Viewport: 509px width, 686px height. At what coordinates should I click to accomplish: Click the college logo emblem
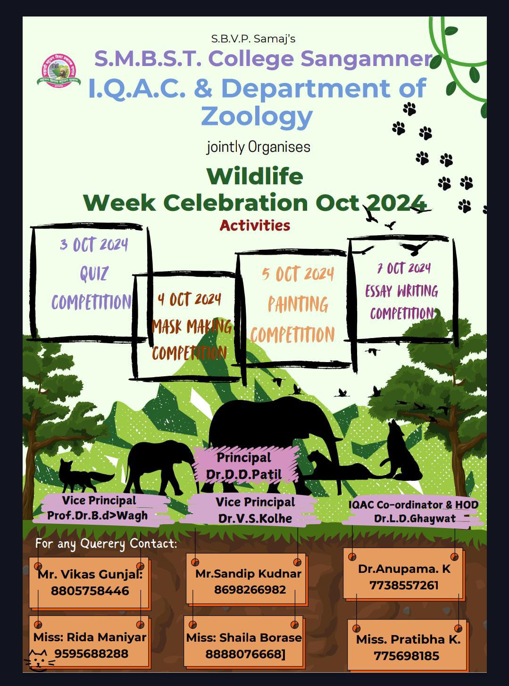point(59,71)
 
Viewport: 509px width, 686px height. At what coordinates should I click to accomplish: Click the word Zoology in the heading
point(257,117)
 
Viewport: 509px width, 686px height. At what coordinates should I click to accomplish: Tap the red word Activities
point(255,225)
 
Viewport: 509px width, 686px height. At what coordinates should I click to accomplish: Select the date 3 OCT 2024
point(94,245)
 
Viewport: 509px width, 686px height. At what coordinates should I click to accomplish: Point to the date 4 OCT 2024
point(189,299)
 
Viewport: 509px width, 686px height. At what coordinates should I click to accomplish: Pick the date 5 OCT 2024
point(298,274)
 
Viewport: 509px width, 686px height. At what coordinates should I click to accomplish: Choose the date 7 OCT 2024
point(404,268)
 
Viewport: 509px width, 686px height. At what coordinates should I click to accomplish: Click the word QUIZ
point(94,273)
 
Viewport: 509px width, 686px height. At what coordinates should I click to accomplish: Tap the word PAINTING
point(298,304)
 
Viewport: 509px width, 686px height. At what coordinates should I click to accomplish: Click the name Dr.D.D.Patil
point(244,474)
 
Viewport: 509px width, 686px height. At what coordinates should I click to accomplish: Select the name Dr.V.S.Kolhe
point(255,518)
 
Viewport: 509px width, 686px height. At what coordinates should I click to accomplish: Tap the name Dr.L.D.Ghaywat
point(415,518)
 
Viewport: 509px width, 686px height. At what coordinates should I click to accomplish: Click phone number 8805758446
point(90,591)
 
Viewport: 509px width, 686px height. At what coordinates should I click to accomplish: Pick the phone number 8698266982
point(250,589)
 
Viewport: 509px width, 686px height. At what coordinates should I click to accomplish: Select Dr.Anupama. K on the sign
point(404,569)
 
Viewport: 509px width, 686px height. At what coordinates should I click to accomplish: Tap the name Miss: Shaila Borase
point(244,638)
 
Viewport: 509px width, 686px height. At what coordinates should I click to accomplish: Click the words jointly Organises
point(258,147)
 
